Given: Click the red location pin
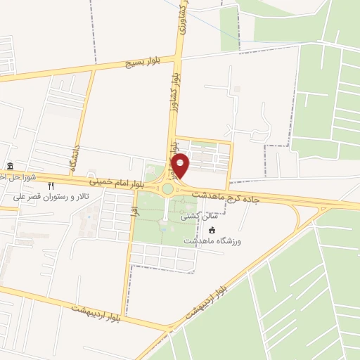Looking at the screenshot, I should (x=181, y=165).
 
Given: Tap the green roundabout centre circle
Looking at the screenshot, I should (x=167, y=188).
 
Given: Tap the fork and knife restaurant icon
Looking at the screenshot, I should (x=51, y=186).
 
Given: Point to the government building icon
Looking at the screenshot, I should (x=10, y=167).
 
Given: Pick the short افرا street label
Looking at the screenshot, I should (x=133, y=207).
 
